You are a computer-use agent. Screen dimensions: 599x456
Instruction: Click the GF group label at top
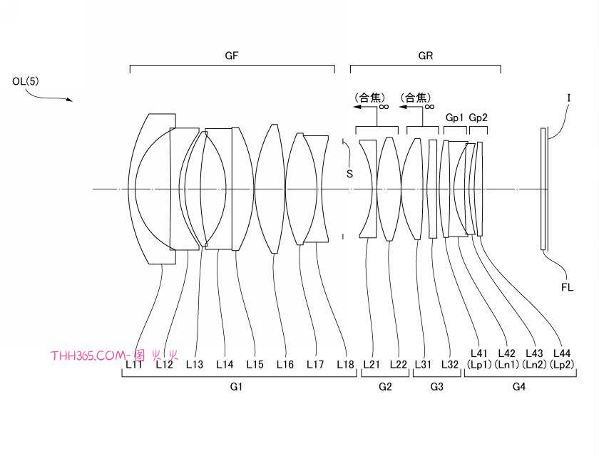(x=232, y=56)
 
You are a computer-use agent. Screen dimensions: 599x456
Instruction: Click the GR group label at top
(x=426, y=56)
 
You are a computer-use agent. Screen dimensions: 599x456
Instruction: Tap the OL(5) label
(x=26, y=81)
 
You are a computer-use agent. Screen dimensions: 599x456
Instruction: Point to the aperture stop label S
(x=349, y=174)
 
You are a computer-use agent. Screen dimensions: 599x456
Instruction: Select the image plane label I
(x=569, y=98)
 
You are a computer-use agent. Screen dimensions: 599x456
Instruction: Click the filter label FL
(x=568, y=287)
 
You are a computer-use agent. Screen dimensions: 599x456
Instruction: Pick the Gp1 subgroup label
(x=454, y=118)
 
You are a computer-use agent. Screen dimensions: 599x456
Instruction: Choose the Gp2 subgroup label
(x=478, y=118)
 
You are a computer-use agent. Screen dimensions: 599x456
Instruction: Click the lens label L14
(x=225, y=364)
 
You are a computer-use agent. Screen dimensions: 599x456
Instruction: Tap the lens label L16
(x=285, y=364)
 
